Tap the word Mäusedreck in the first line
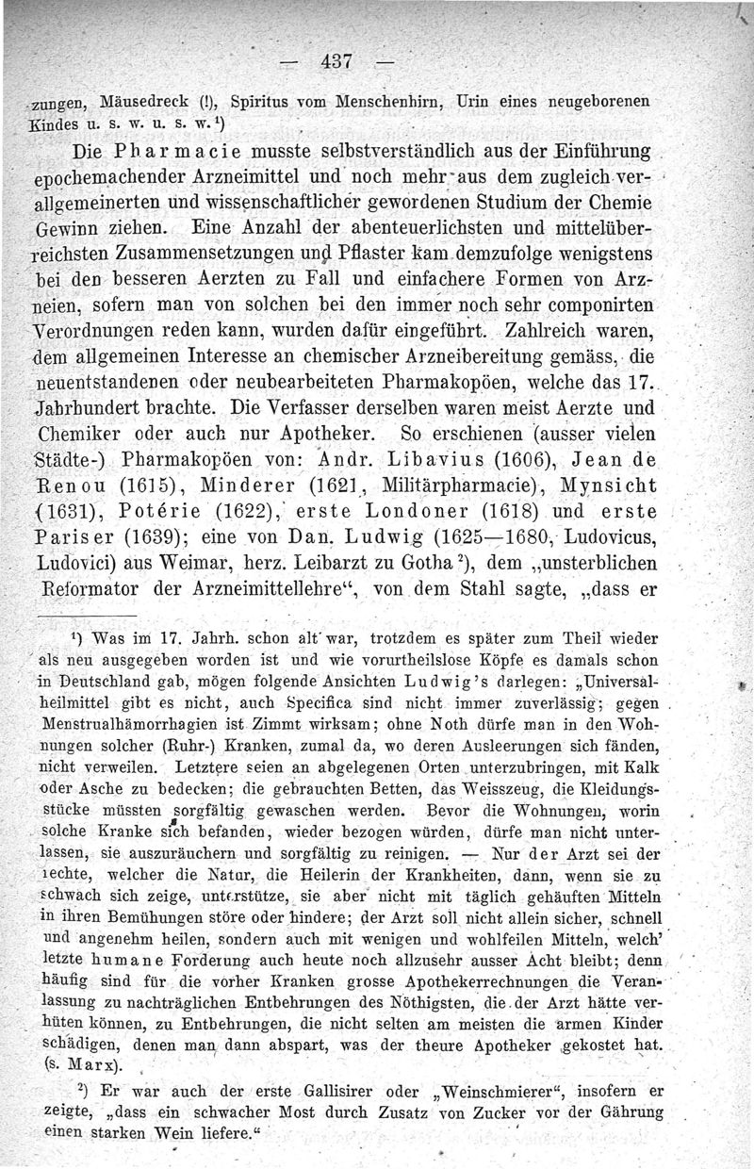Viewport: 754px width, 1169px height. point(134,101)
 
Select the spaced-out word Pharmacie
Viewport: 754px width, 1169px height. point(175,152)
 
